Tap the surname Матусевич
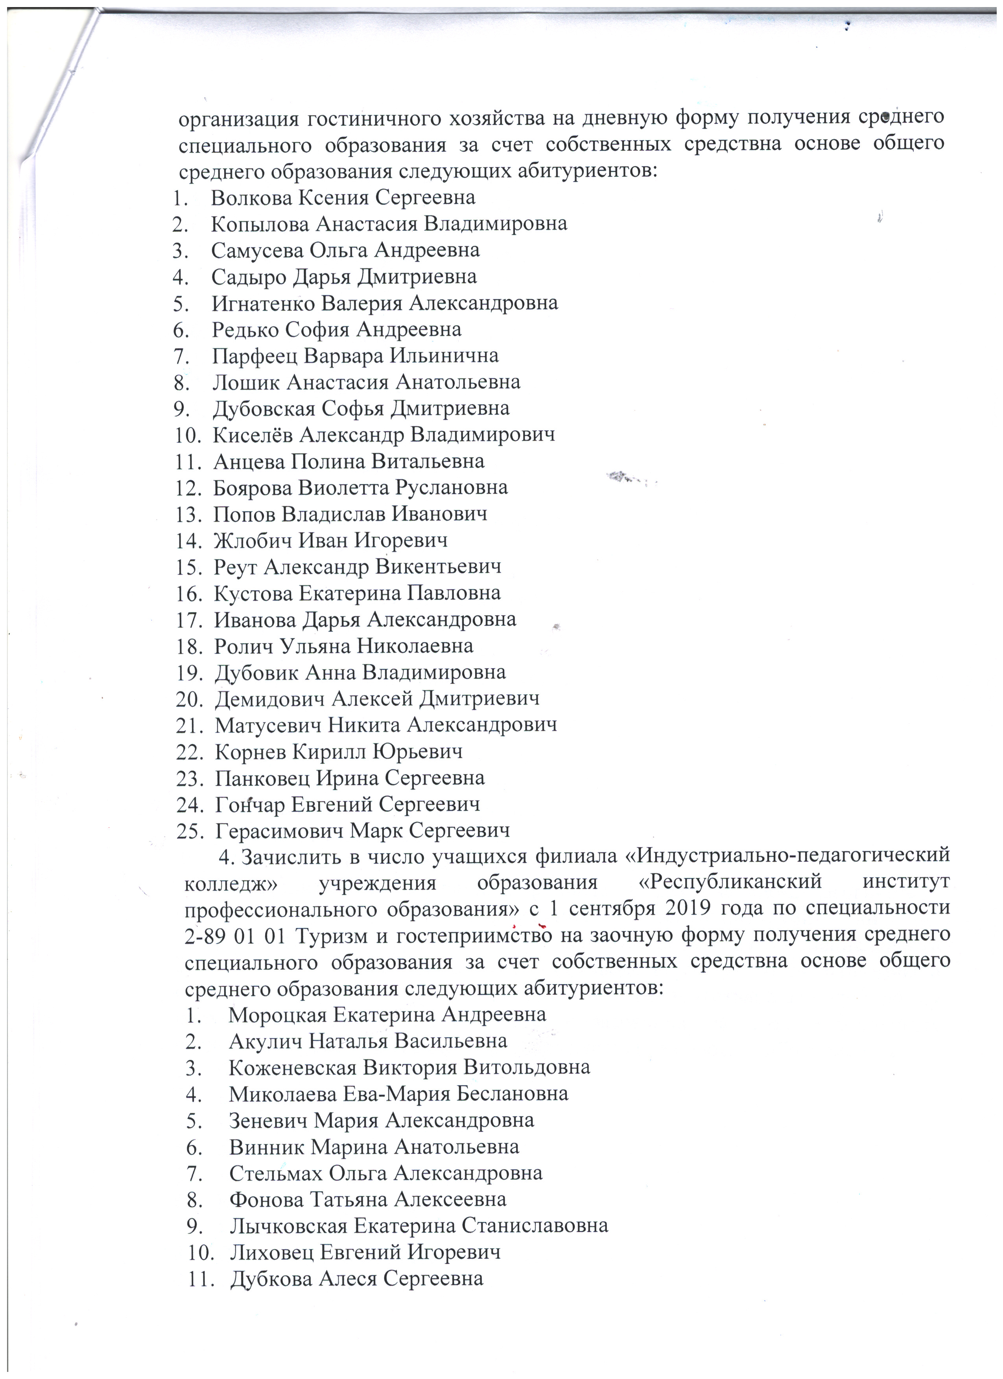click(x=267, y=725)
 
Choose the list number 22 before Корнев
click(x=188, y=752)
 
